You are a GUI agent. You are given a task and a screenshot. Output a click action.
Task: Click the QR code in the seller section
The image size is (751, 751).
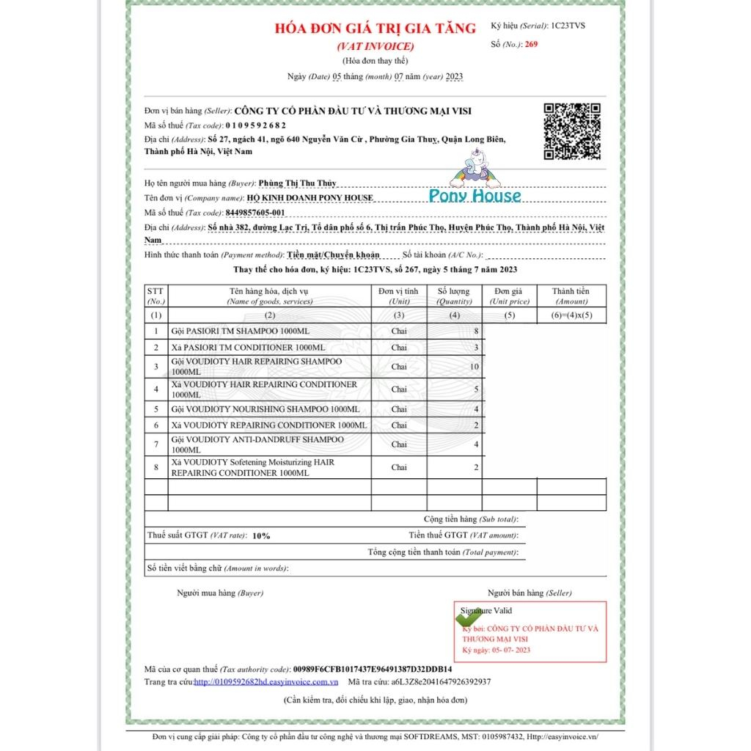[571, 131]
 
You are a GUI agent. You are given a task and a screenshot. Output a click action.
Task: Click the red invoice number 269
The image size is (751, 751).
[532, 45]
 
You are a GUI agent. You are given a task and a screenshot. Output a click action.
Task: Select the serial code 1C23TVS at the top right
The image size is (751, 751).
[568, 26]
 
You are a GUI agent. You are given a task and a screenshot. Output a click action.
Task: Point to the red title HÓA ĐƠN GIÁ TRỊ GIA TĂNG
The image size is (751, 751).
[375, 29]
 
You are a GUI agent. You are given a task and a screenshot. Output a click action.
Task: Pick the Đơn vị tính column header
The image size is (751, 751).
[398, 296]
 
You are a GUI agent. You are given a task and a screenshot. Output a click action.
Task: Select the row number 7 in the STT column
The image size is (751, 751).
[156, 444]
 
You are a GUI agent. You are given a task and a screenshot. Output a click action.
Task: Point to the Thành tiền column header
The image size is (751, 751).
[571, 296]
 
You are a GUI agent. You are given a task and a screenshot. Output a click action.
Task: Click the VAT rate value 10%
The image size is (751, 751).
[261, 535]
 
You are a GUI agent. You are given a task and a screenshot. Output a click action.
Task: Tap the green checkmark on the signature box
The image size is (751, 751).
[469, 618]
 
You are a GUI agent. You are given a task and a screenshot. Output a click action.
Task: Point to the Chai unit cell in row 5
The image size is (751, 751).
[398, 409]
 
